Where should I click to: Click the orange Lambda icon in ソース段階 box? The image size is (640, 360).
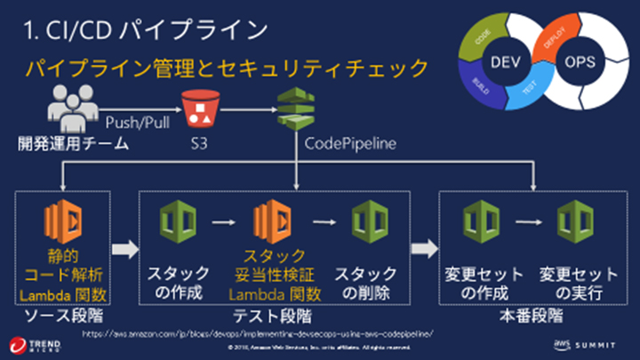pyautogui.click(x=63, y=220)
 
